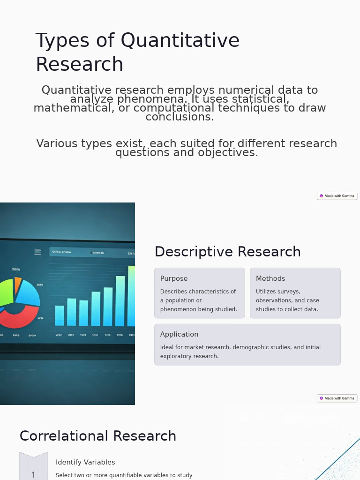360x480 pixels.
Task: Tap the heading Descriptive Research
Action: [227, 252]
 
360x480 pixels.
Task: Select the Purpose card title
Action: [174, 278]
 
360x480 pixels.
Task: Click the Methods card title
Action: [270, 278]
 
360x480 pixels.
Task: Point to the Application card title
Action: [179, 334]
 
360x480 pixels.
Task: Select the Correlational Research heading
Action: [97, 436]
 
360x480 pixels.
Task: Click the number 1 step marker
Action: [33, 475]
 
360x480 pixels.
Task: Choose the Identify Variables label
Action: [85, 462]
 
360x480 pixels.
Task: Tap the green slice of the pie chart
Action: [6, 292]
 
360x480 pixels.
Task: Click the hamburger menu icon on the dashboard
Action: [37, 252]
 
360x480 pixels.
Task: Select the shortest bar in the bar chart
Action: [60, 315]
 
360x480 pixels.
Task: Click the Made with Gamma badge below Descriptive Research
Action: [337, 398]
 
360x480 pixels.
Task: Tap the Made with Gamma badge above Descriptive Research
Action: [337, 196]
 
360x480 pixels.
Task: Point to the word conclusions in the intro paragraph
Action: [180, 117]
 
